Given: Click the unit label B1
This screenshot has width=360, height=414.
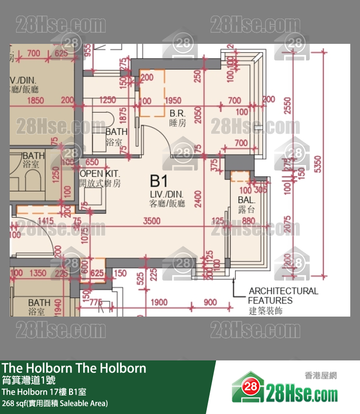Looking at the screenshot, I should [x=159, y=182].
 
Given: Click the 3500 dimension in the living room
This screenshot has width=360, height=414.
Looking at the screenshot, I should [x=152, y=221].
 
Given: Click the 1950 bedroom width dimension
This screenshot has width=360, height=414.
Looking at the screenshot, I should [x=173, y=101].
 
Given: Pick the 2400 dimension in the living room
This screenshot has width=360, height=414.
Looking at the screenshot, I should [x=198, y=198].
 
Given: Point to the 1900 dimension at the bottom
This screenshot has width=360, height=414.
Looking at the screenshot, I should [x=159, y=302].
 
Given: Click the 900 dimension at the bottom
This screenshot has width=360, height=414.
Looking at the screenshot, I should [x=210, y=302].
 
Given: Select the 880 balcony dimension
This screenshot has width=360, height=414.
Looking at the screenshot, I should [x=248, y=221].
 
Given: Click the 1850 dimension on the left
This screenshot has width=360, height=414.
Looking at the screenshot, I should [x=35, y=100].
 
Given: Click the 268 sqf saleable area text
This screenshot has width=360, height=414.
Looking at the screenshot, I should [x=55, y=403].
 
